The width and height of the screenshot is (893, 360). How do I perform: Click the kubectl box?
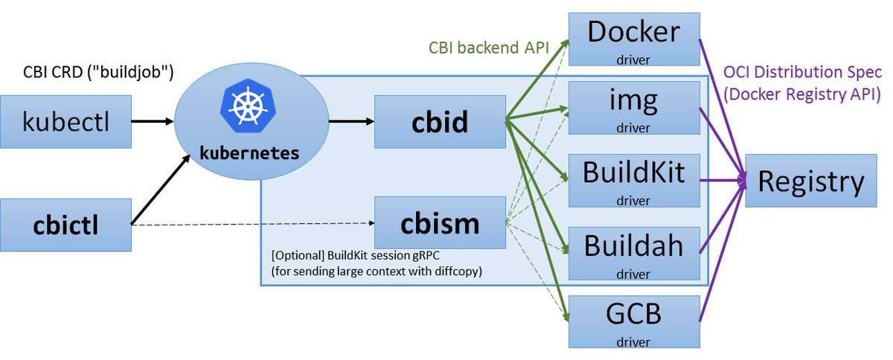tap(65, 120)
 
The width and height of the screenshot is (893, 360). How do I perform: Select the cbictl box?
tap(65, 224)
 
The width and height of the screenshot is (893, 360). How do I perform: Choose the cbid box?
tap(440, 120)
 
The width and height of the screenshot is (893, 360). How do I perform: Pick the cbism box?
tap(440, 222)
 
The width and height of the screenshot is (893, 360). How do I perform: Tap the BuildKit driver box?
tap(634, 179)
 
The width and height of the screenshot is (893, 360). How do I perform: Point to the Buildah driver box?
tap(634, 252)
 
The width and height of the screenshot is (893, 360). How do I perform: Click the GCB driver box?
tap(634, 321)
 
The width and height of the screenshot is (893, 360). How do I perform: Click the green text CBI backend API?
tap(489, 48)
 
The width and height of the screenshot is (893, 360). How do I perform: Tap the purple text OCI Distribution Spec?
tap(802, 74)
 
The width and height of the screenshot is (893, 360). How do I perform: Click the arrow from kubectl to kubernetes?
tap(153, 120)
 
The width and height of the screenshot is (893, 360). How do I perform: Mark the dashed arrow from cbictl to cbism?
tap(253, 222)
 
